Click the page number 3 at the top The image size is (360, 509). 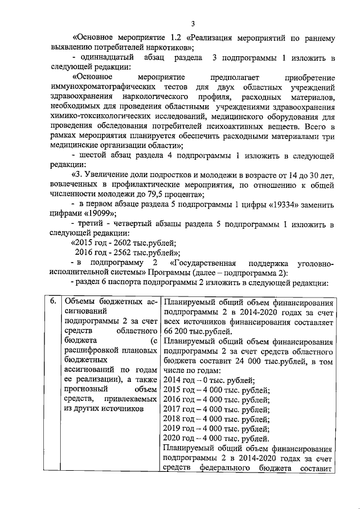192,23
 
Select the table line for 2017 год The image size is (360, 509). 215,412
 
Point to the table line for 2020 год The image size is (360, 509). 215,439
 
